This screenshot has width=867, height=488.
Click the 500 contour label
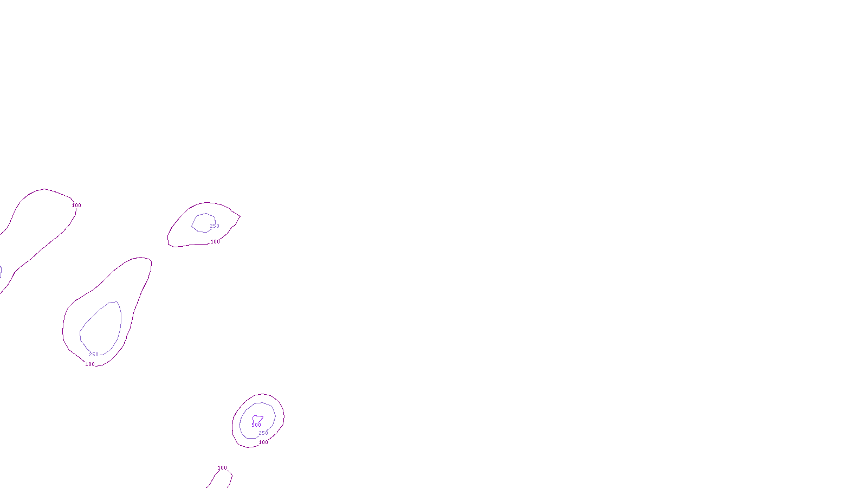point(256,425)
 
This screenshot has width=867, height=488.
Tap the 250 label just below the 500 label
point(263,433)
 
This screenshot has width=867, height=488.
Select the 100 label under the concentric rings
point(263,442)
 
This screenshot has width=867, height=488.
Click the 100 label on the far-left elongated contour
point(76,206)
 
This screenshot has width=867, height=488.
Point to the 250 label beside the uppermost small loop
point(215,226)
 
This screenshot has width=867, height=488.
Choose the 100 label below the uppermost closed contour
point(215,242)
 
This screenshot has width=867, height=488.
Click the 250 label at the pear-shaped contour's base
point(94,355)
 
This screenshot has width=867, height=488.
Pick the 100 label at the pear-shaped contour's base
point(90,364)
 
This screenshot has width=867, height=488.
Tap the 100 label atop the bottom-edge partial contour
point(222,468)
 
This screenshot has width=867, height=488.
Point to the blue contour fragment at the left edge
point(1,272)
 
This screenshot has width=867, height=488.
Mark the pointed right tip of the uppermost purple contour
point(240,216)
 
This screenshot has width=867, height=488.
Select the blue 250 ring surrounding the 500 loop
point(239,425)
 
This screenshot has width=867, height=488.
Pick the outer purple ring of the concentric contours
point(232,426)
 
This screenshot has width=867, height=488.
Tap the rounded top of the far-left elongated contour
point(44,189)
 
